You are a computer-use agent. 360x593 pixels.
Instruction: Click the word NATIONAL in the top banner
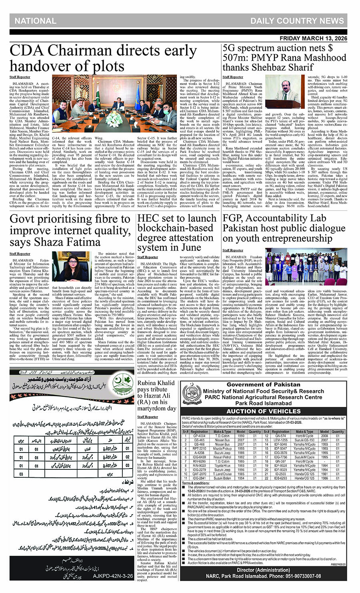tap(36, 21)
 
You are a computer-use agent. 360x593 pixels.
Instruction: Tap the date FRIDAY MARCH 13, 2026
tap(313, 38)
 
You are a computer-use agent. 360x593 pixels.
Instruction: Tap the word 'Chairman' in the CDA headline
tap(74, 52)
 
